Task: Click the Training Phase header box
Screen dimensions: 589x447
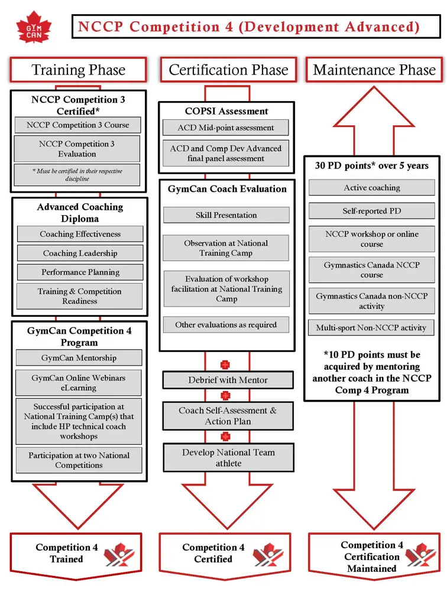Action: tap(78, 70)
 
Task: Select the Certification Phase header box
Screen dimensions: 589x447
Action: tap(228, 70)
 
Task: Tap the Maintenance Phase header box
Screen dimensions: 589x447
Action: tap(374, 70)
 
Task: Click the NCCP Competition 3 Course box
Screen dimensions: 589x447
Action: tap(77, 125)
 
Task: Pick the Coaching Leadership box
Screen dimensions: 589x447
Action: tap(80, 253)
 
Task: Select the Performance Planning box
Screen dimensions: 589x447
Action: tap(80, 272)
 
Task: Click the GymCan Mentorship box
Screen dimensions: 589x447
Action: tap(79, 358)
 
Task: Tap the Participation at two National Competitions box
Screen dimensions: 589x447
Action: tap(79, 460)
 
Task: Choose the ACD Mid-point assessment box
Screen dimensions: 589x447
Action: tap(226, 128)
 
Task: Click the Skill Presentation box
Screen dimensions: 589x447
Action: tap(226, 215)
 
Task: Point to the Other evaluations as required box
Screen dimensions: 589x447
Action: tap(226, 325)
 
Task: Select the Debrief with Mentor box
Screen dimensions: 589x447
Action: tap(228, 380)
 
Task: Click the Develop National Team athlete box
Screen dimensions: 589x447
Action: tap(228, 458)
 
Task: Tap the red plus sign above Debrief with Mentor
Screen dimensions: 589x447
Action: tap(225, 365)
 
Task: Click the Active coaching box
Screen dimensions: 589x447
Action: tap(371, 188)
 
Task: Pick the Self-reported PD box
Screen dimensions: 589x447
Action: tap(371, 211)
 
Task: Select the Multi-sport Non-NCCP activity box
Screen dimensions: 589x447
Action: tap(371, 327)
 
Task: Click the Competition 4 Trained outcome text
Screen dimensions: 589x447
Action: tap(67, 553)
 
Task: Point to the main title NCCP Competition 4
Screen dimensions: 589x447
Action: tap(249, 27)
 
